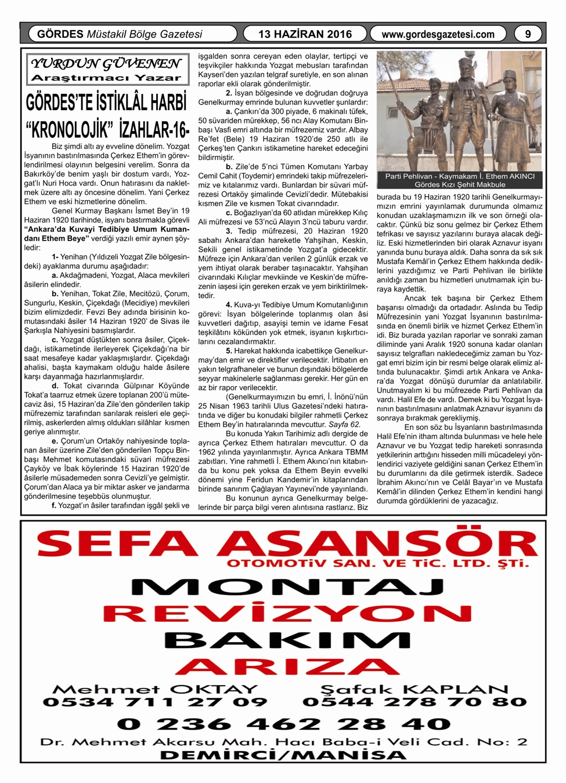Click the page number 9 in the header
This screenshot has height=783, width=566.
coord(528,34)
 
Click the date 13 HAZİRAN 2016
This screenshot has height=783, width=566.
coord(305,34)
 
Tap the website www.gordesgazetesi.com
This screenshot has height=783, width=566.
coord(438,34)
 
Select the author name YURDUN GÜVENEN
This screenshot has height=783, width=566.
coord(106,63)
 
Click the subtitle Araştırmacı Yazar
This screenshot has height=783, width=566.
coord(106,78)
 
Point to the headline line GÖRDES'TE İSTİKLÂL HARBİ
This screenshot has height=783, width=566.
coord(107,102)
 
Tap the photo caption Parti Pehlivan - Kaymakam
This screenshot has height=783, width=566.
coord(460,176)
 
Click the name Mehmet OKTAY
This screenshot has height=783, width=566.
coord(155,689)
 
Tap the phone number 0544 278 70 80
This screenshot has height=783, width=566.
coord(414,702)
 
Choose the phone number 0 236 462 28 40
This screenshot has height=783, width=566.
coord(284,724)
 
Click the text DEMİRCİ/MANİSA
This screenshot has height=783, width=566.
coord(283,755)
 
